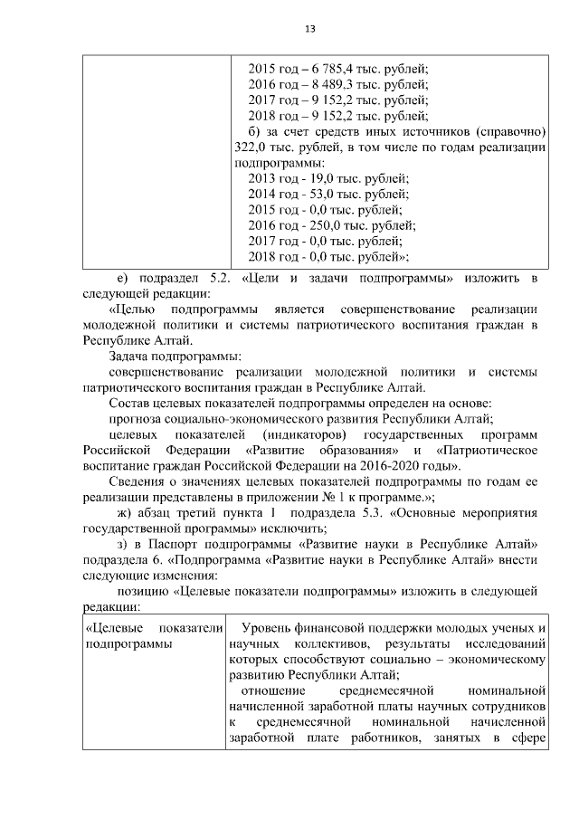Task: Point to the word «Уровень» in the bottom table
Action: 266,627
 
